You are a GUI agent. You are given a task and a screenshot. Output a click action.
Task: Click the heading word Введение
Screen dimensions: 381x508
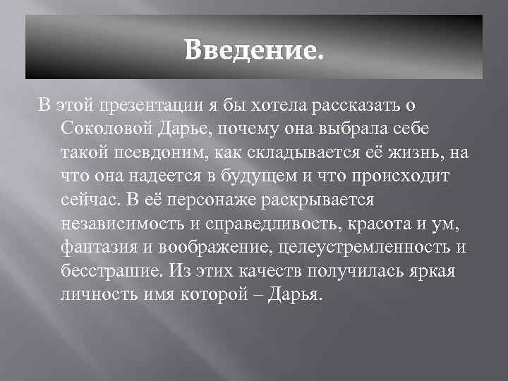click(256, 49)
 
